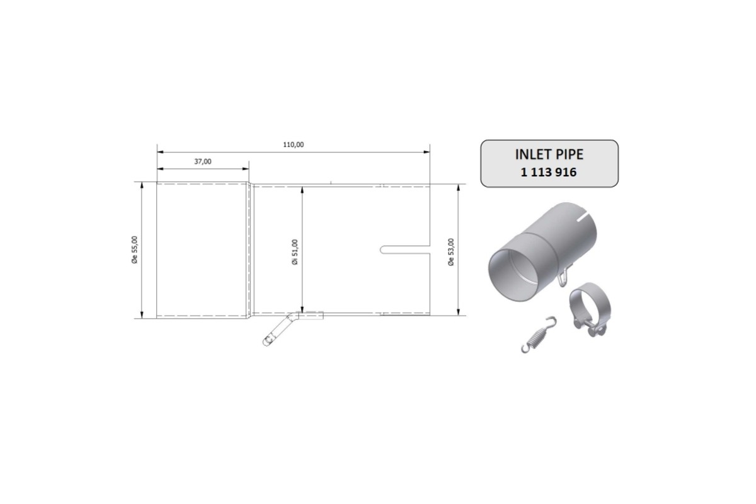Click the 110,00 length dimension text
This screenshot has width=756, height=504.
pyautogui.click(x=294, y=144)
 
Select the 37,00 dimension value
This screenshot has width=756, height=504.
pyautogui.click(x=203, y=161)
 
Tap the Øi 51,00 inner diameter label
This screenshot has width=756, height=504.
pyautogui.click(x=295, y=251)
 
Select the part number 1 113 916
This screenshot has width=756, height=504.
pyautogui.click(x=549, y=172)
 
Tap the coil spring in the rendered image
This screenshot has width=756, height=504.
pyautogui.click(x=536, y=335)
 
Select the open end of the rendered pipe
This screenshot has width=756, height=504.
pyautogui.click(x=515, y=271)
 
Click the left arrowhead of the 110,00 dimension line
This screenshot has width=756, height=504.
pyautogui.click(x=160, y=152)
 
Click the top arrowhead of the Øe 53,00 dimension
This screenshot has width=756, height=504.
pyautogui.click(x=458, y=187)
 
